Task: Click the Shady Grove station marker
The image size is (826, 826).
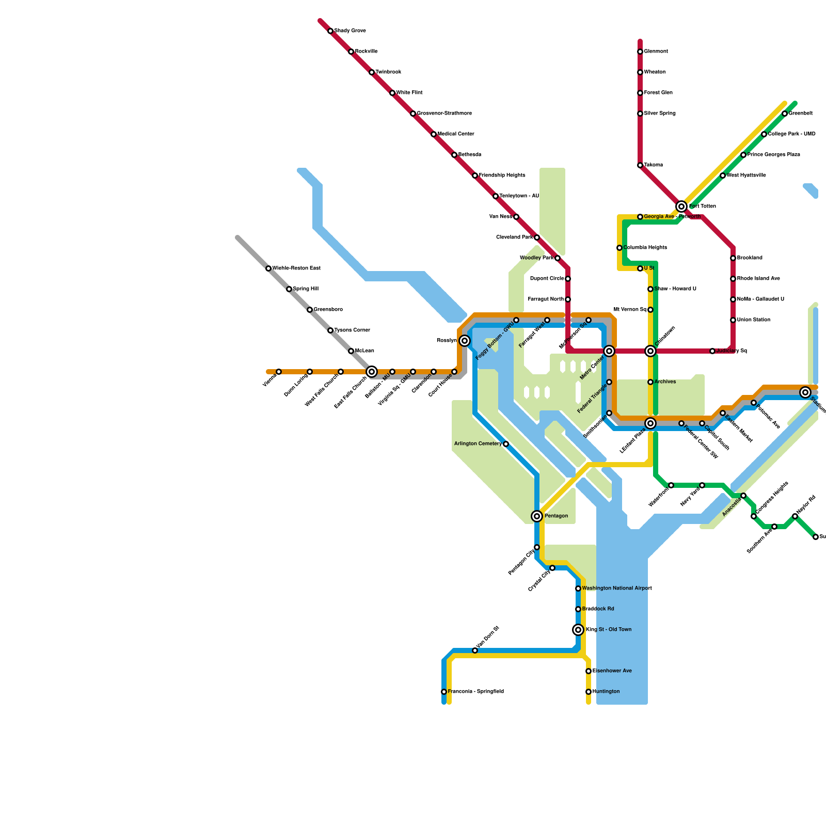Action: (x=330, y=31)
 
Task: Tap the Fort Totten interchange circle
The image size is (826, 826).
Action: (x=681, y=206)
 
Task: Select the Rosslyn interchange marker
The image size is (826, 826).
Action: (x=465, y=341)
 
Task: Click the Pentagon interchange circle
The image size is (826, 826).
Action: (x=537, y=516)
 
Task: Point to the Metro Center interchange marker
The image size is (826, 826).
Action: (x=609, y=351)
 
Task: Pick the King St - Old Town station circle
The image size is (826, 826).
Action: (x=578, y=630)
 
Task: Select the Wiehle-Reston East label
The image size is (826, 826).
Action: (x=296, y=268)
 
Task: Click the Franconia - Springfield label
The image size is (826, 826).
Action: (x=475, y=692)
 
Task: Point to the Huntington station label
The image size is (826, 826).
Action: (x=606, y=692)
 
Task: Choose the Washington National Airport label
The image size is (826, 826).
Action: (x=617, y=589)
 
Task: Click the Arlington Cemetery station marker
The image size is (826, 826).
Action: (x=506, y=444)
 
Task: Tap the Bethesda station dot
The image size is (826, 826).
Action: (x=454, y=155)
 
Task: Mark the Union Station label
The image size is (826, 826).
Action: (x=754, y=320)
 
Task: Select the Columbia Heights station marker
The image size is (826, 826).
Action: (x=619, y=248)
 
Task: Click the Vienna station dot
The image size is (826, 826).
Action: (x=279, y=372)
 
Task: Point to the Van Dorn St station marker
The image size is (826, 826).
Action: (x=475, y=650)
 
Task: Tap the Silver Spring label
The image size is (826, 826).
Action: (x=660, y=114)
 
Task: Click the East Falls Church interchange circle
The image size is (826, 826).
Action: (x=372, y=372)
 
